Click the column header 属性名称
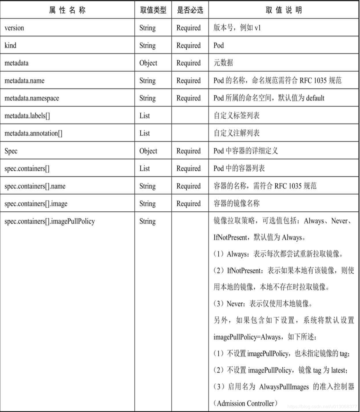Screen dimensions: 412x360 click(x=67, y=10)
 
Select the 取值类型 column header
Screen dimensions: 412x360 click(x=153, y=10)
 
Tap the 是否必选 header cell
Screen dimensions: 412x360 click(x=190, y=10)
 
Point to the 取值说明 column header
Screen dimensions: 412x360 click(x=284, y=10)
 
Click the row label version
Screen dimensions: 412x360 click(x=14, y=28)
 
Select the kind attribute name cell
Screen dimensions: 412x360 click(x=10, y=45)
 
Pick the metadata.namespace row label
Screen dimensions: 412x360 click(x=32, y=98)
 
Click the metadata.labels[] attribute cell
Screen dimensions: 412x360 click(x=27, y=116)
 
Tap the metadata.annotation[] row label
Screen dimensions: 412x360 click(x=33, y=133)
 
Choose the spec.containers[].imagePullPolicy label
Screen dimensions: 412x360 click(x=50, y=221)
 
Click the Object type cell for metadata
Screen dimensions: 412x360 click(x=148, y=63)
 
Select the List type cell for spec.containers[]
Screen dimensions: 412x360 click(x=145, y=169)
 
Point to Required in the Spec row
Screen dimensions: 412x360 click(x=188, y=151)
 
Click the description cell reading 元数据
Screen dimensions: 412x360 click(x=223, y=63)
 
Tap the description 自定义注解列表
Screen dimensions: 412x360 click(x=237, y=133)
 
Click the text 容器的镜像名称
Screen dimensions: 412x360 click(x=237, y=204)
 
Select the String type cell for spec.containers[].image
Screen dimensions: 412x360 click(x=147, y=204)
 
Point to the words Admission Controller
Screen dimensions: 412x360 click(x=245, y=403)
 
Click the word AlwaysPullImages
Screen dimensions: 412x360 click(x=284, y=387)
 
